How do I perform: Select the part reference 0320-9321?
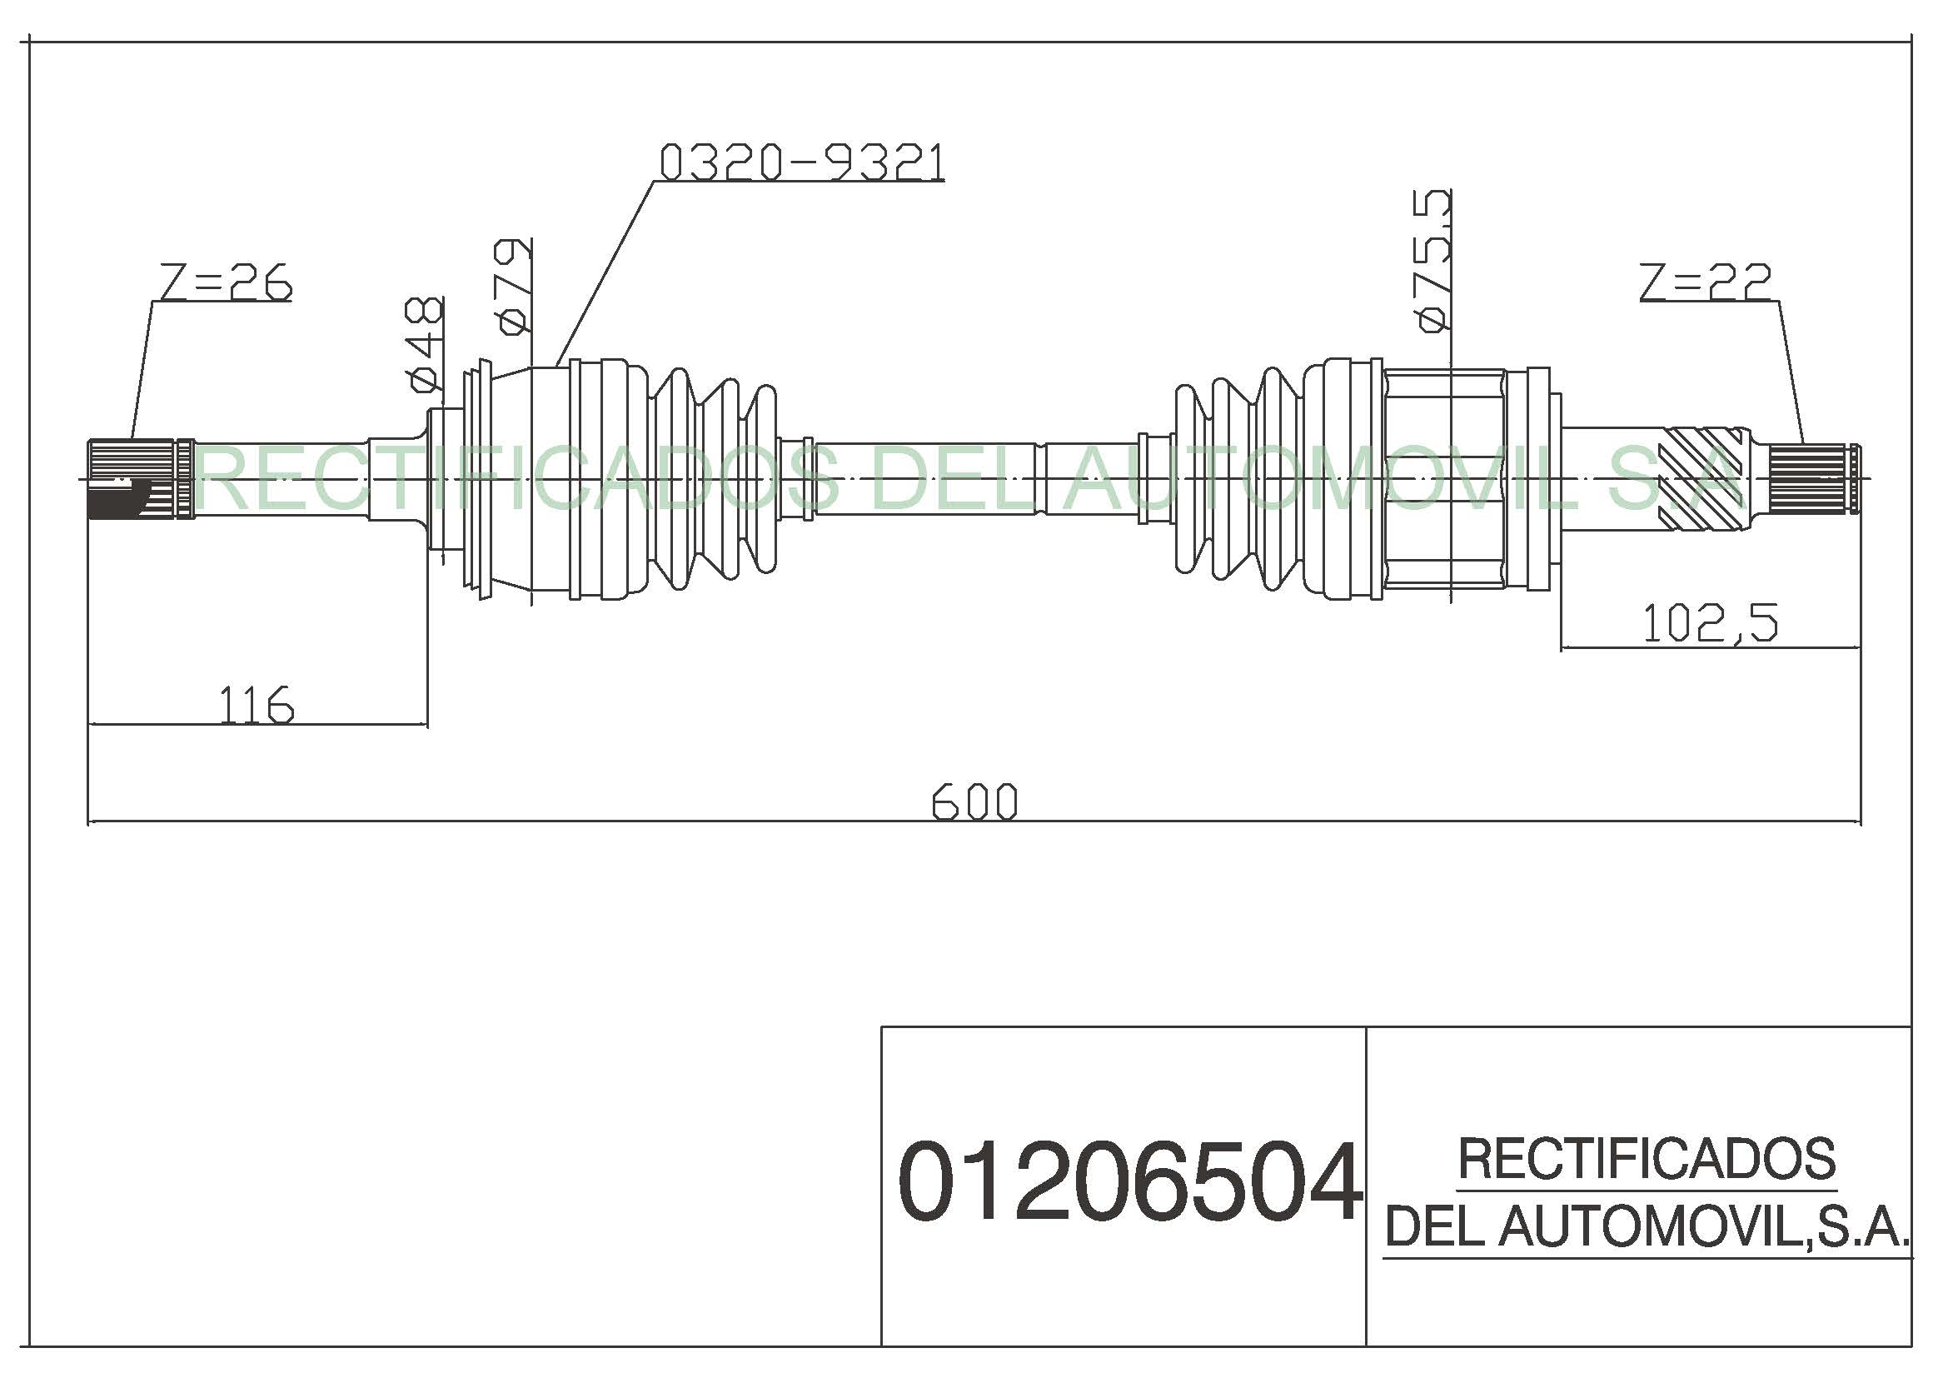click(802, 162)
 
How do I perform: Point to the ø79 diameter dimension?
click(514, 286)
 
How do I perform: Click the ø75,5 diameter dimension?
click(1432, 261)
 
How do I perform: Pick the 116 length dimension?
click(257, 705)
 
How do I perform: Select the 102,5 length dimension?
click(1710, 624)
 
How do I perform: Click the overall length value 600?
click(974, 801)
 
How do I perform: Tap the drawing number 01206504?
click(1129, 1182)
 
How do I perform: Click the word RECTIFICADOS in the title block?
click(1647, 1159)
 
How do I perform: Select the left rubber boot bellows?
click(713, 477)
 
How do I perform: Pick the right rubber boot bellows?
click(1238, 479)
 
